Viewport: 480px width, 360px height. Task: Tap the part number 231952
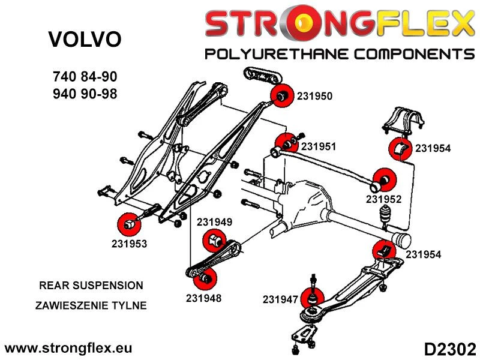pos(383,199)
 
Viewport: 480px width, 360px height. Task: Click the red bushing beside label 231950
pos(281,95)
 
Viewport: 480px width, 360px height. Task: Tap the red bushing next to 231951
pos(285,145)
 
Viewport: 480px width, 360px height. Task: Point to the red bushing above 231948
pos(205,278)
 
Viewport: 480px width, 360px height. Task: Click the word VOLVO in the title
pos(84,40)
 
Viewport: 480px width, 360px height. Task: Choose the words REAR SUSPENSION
pos(91,286)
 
